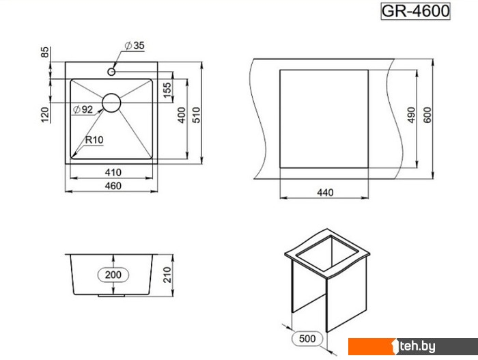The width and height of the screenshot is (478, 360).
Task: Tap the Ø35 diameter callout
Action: click(x=135, y=46)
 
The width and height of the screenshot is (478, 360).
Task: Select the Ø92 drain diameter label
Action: click(x=82, y=109)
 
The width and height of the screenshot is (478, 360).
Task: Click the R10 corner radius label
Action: click(x=94, y=140)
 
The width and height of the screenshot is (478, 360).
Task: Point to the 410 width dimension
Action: click(x=113, y=171)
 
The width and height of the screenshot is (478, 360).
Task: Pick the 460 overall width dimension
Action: click(x=113, y=186)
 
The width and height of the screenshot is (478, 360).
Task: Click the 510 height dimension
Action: click(x=196, y=115)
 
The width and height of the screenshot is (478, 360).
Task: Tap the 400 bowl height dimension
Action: click(x=182, y=115)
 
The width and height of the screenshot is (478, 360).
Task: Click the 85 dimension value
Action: click(x=46, y=52)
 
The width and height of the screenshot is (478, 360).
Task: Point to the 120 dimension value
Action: click(x=46, y=114)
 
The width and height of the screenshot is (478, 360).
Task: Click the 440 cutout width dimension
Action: click(x=324, y=193)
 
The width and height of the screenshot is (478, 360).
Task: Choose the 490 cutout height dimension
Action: click(x=412, y=115)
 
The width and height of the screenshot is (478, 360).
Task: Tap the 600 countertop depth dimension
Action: click(x=427, y=115)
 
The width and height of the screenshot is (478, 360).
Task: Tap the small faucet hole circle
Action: click(x=112, y=70)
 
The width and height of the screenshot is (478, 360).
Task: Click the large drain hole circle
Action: click(x=112, y=103)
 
